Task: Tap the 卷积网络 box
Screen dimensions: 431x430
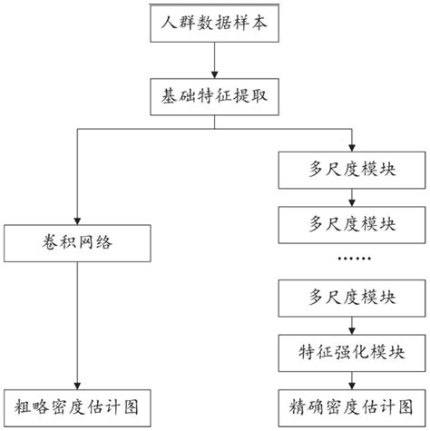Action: (78, 241)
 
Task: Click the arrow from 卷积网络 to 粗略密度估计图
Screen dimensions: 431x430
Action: (78, 322)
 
